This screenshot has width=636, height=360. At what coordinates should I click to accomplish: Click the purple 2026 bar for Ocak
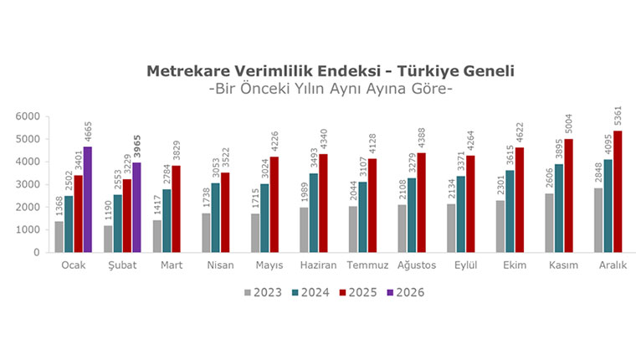(x=86, y=199)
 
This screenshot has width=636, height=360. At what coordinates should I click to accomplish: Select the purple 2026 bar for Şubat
(x=135, y=207)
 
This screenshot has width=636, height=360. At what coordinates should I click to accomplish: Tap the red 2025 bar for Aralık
(x=618, y=191)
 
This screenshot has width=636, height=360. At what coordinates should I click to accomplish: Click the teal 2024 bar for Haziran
(x=314, y=212)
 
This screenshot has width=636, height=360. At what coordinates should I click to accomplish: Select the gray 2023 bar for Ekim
(x=500, y=225)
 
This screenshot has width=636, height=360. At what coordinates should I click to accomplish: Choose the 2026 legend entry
(x=407, y=292)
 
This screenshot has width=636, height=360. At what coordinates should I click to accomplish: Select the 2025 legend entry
(x=358, y=292)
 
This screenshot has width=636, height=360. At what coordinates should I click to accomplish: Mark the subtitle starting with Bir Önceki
(x=330, y=89)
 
